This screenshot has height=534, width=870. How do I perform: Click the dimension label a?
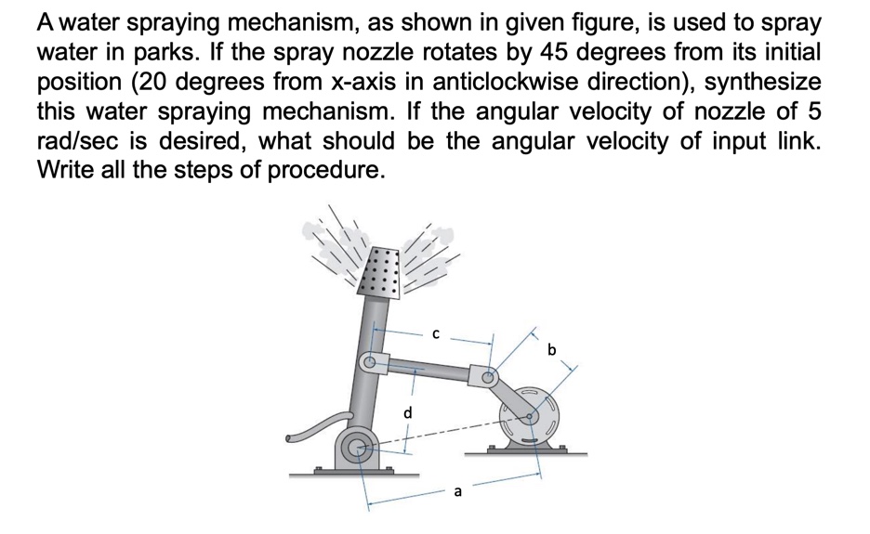456,492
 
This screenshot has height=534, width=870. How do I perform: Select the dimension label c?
434,332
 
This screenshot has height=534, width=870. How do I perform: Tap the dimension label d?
407,410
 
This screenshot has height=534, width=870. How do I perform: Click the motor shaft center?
533,417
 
